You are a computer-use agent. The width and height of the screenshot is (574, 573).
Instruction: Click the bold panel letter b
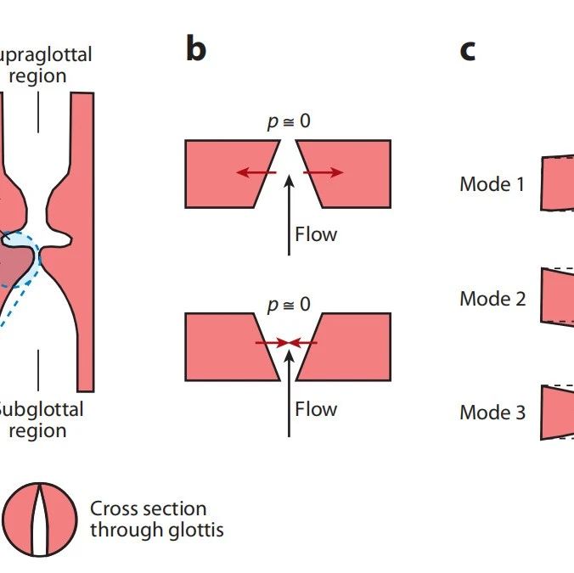[x=196, y=50]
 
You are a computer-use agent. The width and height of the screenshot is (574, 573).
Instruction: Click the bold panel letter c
[x=467, y=51]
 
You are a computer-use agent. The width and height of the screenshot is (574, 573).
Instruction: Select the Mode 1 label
[x=492, y=183]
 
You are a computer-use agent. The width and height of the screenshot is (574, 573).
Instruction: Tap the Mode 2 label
[x=492, y=299]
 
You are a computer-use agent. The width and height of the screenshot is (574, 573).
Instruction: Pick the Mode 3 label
[x=492, y=413]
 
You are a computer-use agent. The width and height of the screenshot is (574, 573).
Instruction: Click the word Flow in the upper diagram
[x=316, y=233]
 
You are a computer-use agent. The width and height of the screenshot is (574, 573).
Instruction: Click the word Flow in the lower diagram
[x=316, y=409]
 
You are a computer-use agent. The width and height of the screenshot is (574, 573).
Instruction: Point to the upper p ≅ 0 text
[x=289, y=121]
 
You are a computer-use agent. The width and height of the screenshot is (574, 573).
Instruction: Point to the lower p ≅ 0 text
[x=289, y=305]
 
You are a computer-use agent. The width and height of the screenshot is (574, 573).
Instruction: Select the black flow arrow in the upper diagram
[x=290, y=212]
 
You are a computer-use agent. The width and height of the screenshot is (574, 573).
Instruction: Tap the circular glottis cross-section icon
[x=39, y=520]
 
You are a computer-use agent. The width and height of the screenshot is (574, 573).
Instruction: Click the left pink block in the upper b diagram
[x=225, y=173]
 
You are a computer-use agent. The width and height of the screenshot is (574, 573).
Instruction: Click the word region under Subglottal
[x=37, y=430]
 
